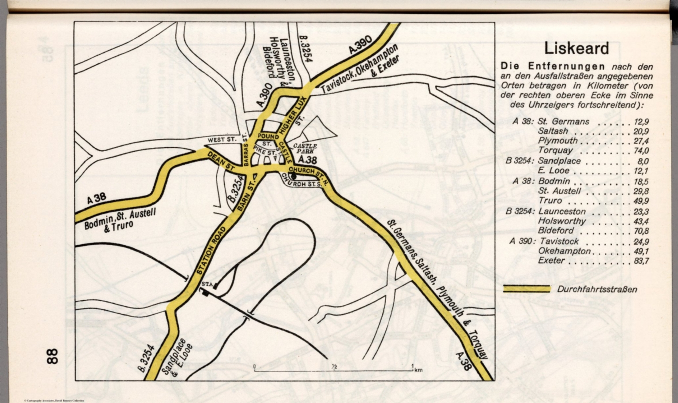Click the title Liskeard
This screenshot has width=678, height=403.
coord(576,48)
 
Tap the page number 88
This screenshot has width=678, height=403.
coord(52,356)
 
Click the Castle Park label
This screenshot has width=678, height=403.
coord(304,149)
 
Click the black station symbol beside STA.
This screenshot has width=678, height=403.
coord(206,293)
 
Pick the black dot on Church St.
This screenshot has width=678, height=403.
coord(294,175)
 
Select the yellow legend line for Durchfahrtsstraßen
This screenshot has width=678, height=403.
coord(527,289)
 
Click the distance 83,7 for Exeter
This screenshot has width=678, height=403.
coord(640,261)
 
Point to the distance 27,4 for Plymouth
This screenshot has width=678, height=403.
coord(640,141)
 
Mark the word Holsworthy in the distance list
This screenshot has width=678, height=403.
coord(561,221)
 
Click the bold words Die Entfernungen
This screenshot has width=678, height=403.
coord(552,67)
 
